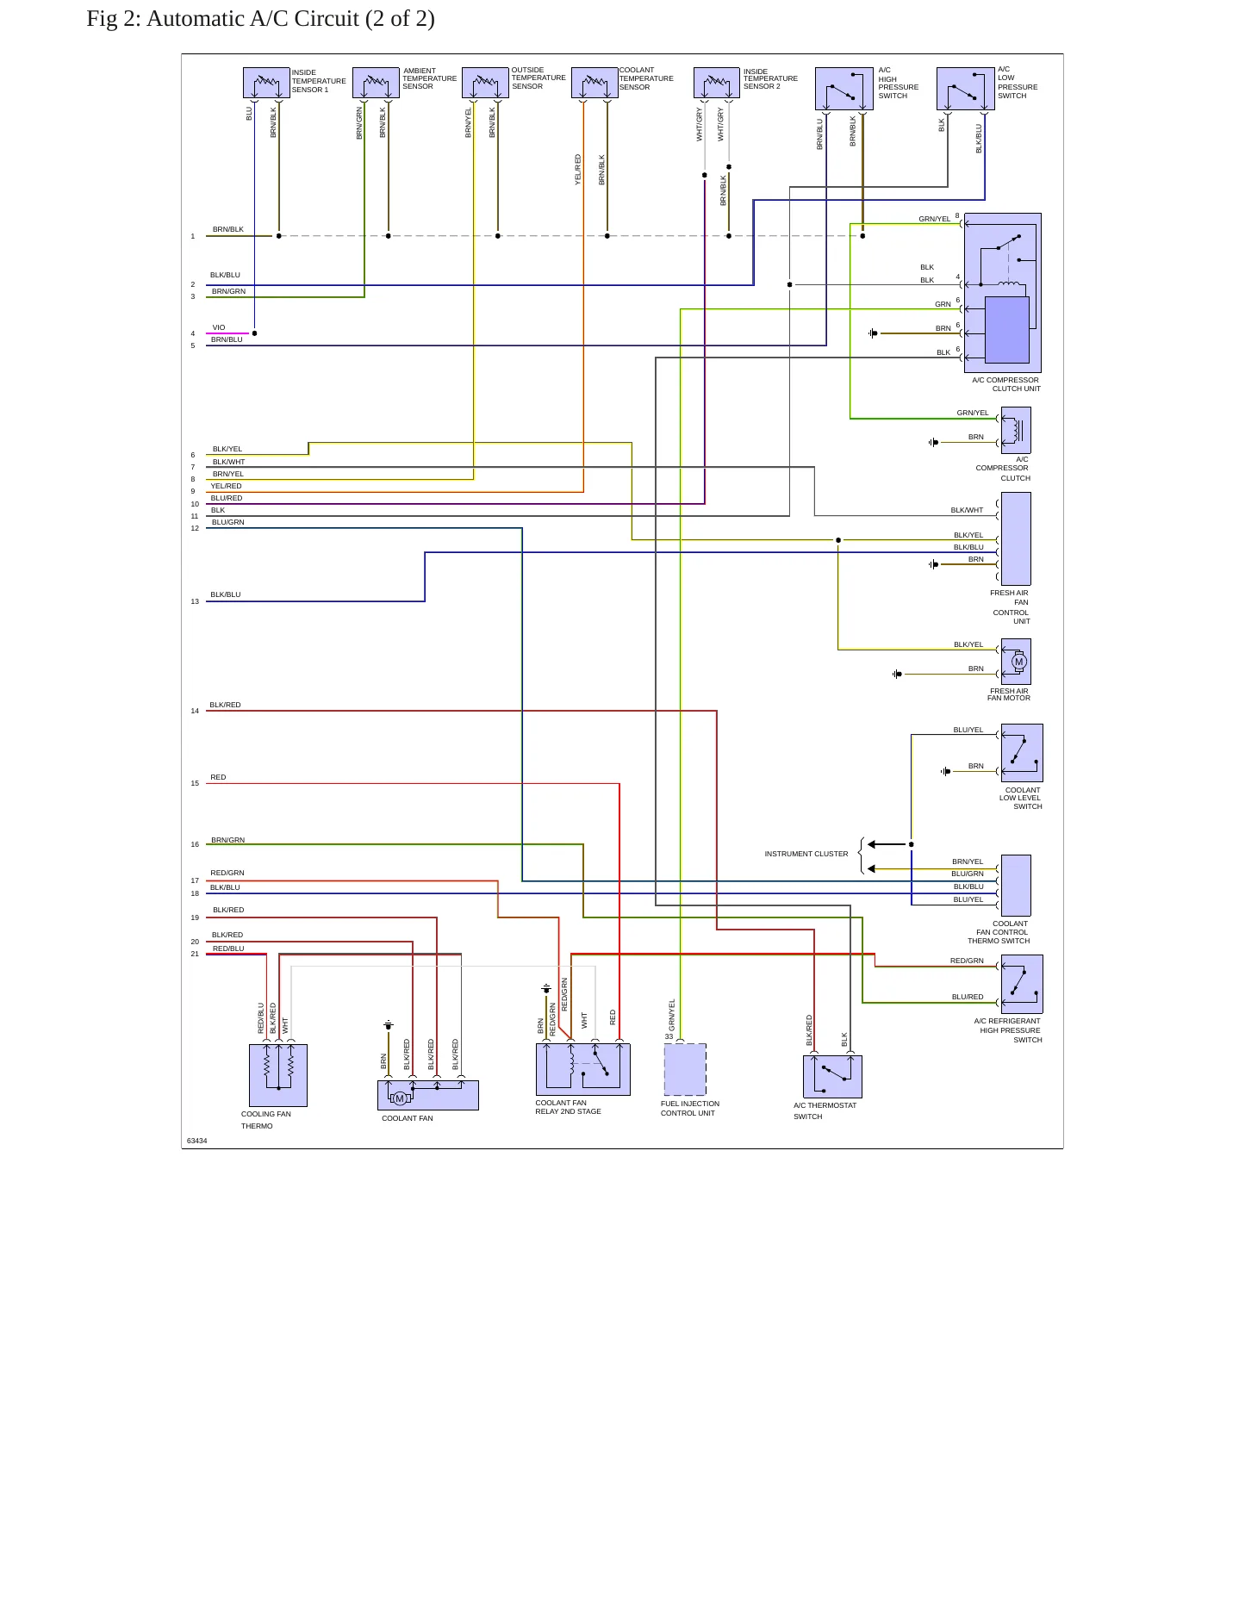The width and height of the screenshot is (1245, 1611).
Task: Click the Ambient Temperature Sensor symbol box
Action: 376,83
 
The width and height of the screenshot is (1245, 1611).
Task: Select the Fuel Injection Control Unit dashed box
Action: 685,1069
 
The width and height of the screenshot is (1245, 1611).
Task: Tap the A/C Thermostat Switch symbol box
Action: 832,1077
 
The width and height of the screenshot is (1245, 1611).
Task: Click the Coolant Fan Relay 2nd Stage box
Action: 583,1069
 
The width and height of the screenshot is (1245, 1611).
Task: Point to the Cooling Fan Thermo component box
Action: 278,1075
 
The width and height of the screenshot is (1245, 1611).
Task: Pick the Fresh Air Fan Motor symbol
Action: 1016,662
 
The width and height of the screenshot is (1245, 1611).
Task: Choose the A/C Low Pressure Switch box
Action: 966,89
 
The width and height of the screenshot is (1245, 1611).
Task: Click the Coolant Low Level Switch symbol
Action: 1022,753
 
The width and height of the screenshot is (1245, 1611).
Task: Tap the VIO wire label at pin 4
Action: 219,327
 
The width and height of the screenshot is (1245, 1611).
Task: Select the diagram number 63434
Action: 197,1141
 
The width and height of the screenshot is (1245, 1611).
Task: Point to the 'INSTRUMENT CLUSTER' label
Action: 806,854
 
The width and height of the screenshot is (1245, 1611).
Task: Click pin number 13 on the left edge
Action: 195,601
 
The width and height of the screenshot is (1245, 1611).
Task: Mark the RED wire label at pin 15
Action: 218,777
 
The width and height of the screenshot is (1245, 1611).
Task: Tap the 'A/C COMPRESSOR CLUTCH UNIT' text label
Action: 1005,384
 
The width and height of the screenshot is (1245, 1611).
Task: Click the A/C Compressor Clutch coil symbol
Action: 1016,430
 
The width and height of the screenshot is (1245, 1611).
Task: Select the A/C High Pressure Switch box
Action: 844,89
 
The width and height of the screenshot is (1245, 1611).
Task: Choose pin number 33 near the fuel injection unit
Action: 669,1036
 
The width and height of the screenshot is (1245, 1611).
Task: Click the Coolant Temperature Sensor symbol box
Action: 594,83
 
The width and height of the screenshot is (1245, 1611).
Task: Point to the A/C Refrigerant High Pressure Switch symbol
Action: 1022,984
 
